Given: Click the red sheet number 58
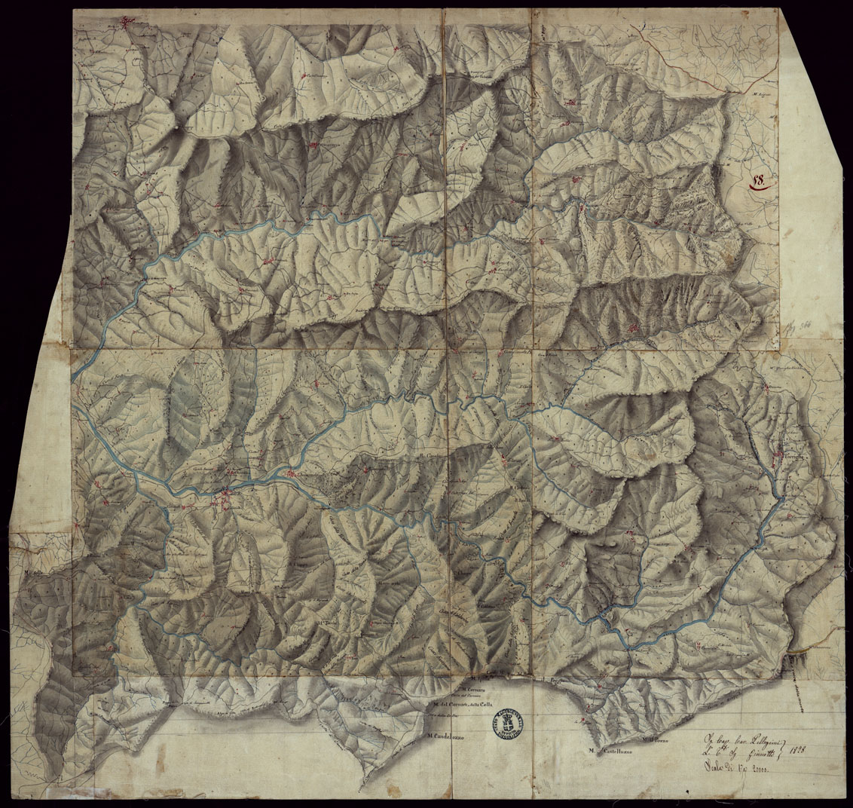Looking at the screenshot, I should click(x=757, y=181).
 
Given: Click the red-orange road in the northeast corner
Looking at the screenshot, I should click(x=678, y=60).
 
